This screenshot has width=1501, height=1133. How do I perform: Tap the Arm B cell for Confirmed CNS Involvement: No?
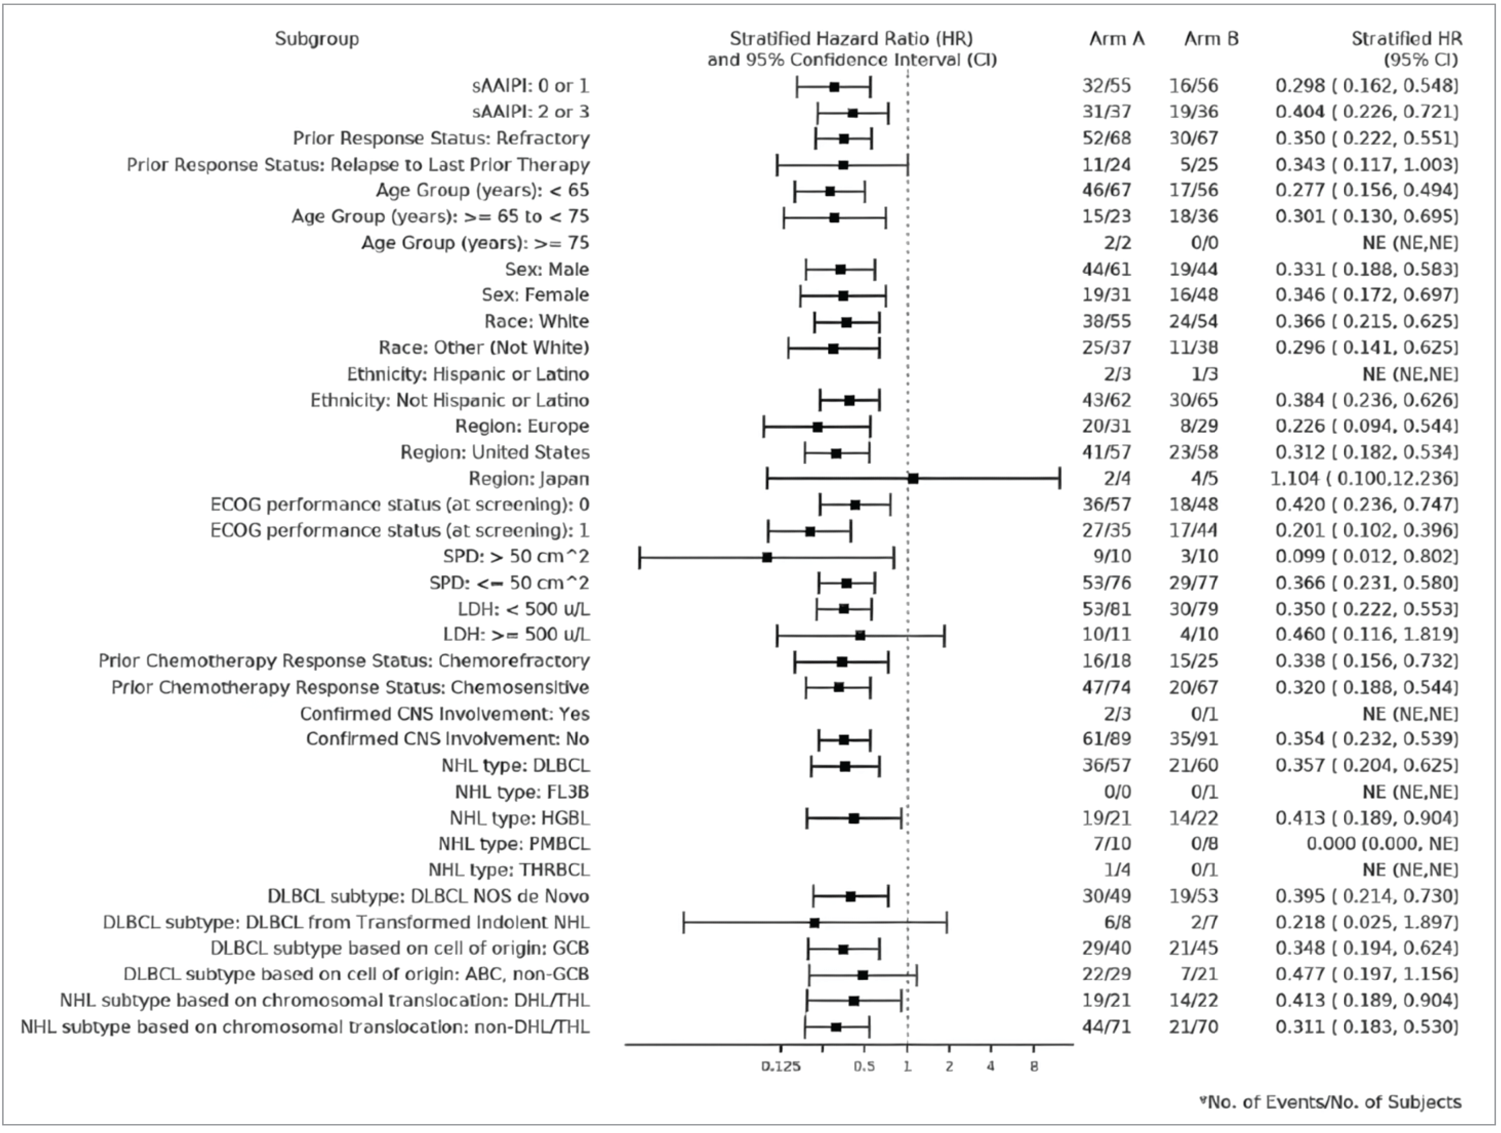coord(1194,739)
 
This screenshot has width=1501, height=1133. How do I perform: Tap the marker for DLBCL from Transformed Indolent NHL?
coord(814,923)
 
